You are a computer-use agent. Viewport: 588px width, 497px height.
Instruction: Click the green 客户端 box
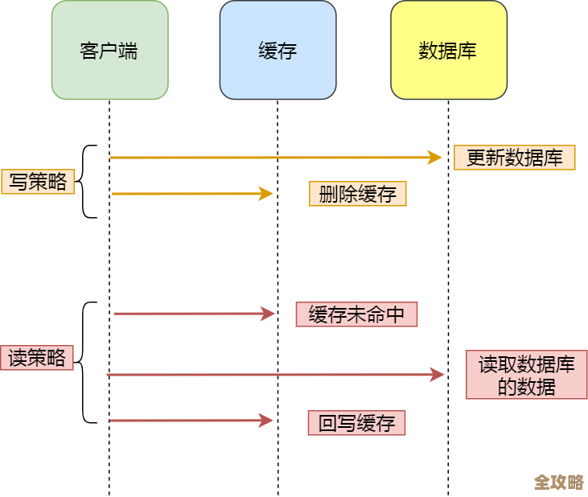109,50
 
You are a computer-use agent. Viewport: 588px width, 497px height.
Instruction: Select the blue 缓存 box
278,50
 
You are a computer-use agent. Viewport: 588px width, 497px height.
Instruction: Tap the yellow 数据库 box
448,50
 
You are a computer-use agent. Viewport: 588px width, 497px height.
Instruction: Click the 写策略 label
38,182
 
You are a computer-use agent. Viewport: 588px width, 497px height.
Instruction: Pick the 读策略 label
37,357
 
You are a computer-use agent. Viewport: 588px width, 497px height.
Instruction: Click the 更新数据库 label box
514,158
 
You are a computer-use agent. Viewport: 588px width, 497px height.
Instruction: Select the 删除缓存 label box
357,194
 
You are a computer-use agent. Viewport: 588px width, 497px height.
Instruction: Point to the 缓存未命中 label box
356,314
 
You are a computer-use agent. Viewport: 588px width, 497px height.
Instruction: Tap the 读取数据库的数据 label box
526,375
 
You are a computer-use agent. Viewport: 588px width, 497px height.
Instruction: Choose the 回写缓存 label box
356,423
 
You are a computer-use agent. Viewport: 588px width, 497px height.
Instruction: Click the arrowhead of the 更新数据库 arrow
435,158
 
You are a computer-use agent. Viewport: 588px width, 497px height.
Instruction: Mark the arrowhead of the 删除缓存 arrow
266,193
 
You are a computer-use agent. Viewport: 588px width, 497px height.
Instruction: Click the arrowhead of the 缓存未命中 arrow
269,314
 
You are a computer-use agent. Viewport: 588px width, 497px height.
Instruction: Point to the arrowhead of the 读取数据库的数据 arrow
438,374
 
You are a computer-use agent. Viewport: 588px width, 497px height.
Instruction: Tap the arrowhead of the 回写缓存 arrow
267,420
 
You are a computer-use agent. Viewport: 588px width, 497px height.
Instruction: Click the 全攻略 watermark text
558,483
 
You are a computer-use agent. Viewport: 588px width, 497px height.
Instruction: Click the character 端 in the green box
129,51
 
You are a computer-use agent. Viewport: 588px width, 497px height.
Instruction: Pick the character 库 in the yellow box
467,51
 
